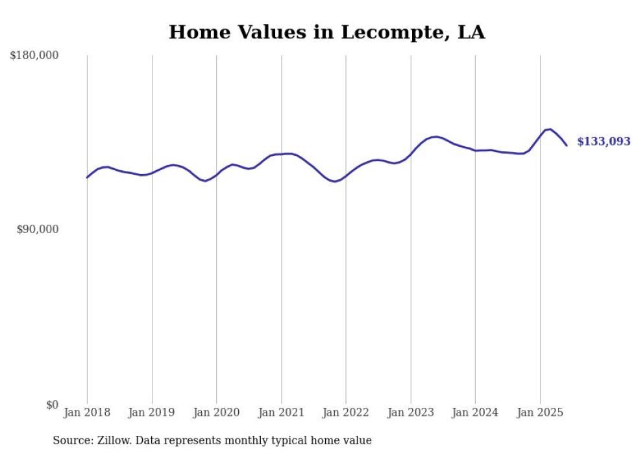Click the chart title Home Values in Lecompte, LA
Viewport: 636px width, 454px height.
pyautogui.click(x=326, y=32)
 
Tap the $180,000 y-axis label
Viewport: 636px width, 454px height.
pyautogui.click(x=34, y=56)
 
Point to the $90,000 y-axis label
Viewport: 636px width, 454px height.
pyautogui.click(x=37, y=229)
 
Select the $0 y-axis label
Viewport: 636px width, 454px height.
pyautogui.click(x=51, y=405)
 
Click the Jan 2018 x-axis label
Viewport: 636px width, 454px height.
pyautogui.click(x=87, y=412)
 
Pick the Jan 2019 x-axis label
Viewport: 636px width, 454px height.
pyautogui.click(x=152, y=412)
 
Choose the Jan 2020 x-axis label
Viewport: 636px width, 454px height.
pyautogui.click(x=216, y=412)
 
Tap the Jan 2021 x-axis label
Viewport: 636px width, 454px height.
pyautogui.click(x=281, y=412)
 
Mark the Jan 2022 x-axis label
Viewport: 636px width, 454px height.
pyautogui.click(x=346, y=412)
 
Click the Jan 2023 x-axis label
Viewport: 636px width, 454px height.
pyautogui.click(x=410, y=412)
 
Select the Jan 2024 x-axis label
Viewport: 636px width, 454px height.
pyautogui.click(x=475, y=412)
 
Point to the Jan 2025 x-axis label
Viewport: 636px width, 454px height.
pyautogui.click(x=540, y=412)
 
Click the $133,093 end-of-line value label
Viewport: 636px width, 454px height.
pyautogui.click(x=603, y=142)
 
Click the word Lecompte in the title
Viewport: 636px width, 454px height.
pyautogui.click(x=380, y=32)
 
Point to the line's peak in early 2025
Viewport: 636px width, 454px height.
pyautogui.click(x=550, y=129)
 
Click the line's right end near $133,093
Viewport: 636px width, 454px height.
pyautogui.click(x=567, y=145)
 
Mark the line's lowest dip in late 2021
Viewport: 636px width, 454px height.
pyautogui.click(x=334, y=181)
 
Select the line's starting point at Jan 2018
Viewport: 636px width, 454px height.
pyautogui.click(x=87, y=177)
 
